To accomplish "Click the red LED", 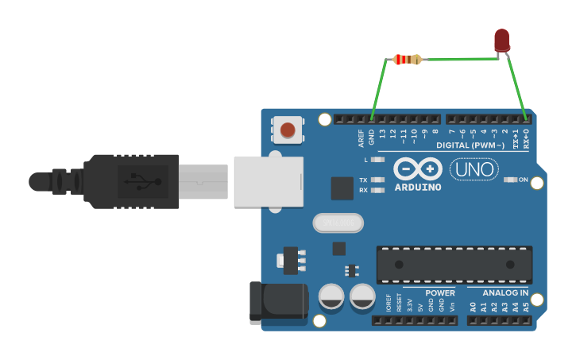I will [x=501, y=40].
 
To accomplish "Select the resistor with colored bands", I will [x=408, y=60].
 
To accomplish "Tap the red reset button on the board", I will [x=288, y=130].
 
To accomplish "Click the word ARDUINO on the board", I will [x=418, y=187].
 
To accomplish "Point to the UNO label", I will [x=474, y=169].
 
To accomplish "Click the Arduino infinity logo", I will [x=418, y=168].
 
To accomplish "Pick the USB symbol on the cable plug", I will [x=143, y=182].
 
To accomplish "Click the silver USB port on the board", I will [x=269, y=181].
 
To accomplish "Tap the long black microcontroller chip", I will [x=454, y=265].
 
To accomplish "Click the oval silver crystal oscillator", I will [x=338, y=223].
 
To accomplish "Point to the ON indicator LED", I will [x=511, y=180].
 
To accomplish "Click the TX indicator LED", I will [x=378, y=180].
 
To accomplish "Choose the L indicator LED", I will [x=378, y=160].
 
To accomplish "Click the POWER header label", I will [x=440, y=292].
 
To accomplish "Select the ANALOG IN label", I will [x=505, y=292].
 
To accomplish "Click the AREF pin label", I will [x=361, y=137].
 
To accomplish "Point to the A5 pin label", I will [x=525, y=306].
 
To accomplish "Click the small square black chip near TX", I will [x=342, y=188].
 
